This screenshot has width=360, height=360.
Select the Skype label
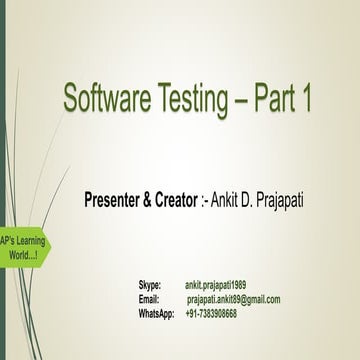[x=150, y=286]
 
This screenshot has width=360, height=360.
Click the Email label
[x=149, y=299]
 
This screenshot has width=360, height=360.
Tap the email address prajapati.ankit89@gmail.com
[x=234, y=299]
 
